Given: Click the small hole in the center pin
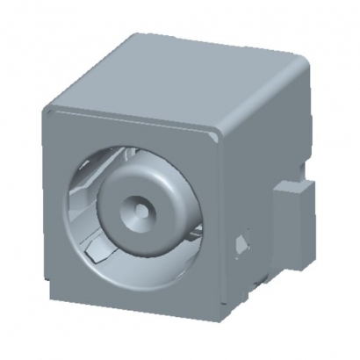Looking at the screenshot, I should click(140, 211).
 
